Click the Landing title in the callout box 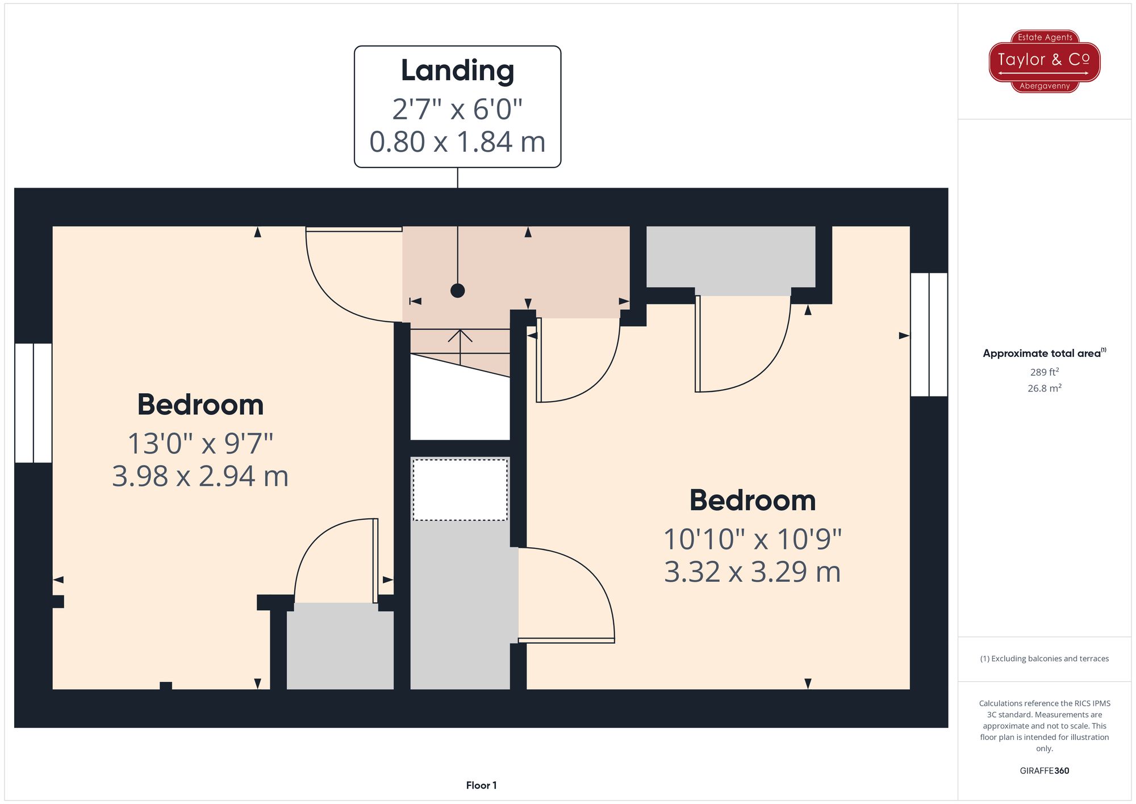(x=457, y=72)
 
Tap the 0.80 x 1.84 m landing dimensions (x=457, y=142)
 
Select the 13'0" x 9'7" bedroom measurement (x=201, y=444)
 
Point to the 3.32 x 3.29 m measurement (x=753, y=572)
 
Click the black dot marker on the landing (x=458, y=291)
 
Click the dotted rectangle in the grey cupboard (x=460, y=490)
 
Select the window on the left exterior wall (x=34, y=403)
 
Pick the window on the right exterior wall (x=929, y=335)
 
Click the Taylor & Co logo (x=1045, y=61)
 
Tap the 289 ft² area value (x=1045, y=372)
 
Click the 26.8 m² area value (x=1045, y=389)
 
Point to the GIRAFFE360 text (x=1045, y=771)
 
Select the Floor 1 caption (x=481, y=786)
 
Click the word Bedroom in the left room (x=201, y=405)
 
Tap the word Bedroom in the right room (x=753, y=501)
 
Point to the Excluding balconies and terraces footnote (x=1045, y=659)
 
